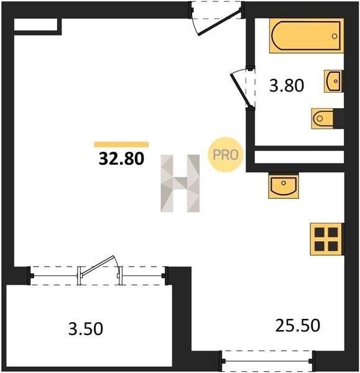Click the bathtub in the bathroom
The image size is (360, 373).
point(307,35)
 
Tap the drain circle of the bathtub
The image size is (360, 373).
point(335,36)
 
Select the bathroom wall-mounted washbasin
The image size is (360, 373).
point(333,81)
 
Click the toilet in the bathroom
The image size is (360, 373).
point(323,119)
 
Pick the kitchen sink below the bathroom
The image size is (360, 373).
point(284,186)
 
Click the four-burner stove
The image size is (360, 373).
point(327,239)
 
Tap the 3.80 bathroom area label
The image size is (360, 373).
point(287,86)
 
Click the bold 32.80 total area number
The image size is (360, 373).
point(121,159)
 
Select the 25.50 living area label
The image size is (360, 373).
point(298,325)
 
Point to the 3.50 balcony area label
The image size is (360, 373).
point(86,329)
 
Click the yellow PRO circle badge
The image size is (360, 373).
point(225,155)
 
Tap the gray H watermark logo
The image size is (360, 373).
point(180,183)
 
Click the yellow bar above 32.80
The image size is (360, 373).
point(122,144)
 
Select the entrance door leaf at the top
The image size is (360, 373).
point(219,22)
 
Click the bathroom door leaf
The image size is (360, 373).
point(241,90)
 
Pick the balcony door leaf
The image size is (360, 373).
point(98,265)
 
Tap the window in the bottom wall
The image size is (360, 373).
point(268,361)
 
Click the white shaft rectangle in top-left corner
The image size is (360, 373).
point(35,24)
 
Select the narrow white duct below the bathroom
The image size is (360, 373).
point(299,157)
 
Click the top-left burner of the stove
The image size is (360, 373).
point(320,232)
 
